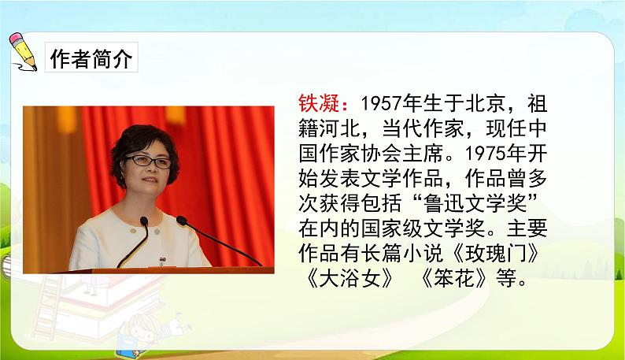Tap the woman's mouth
pos(148,192)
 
